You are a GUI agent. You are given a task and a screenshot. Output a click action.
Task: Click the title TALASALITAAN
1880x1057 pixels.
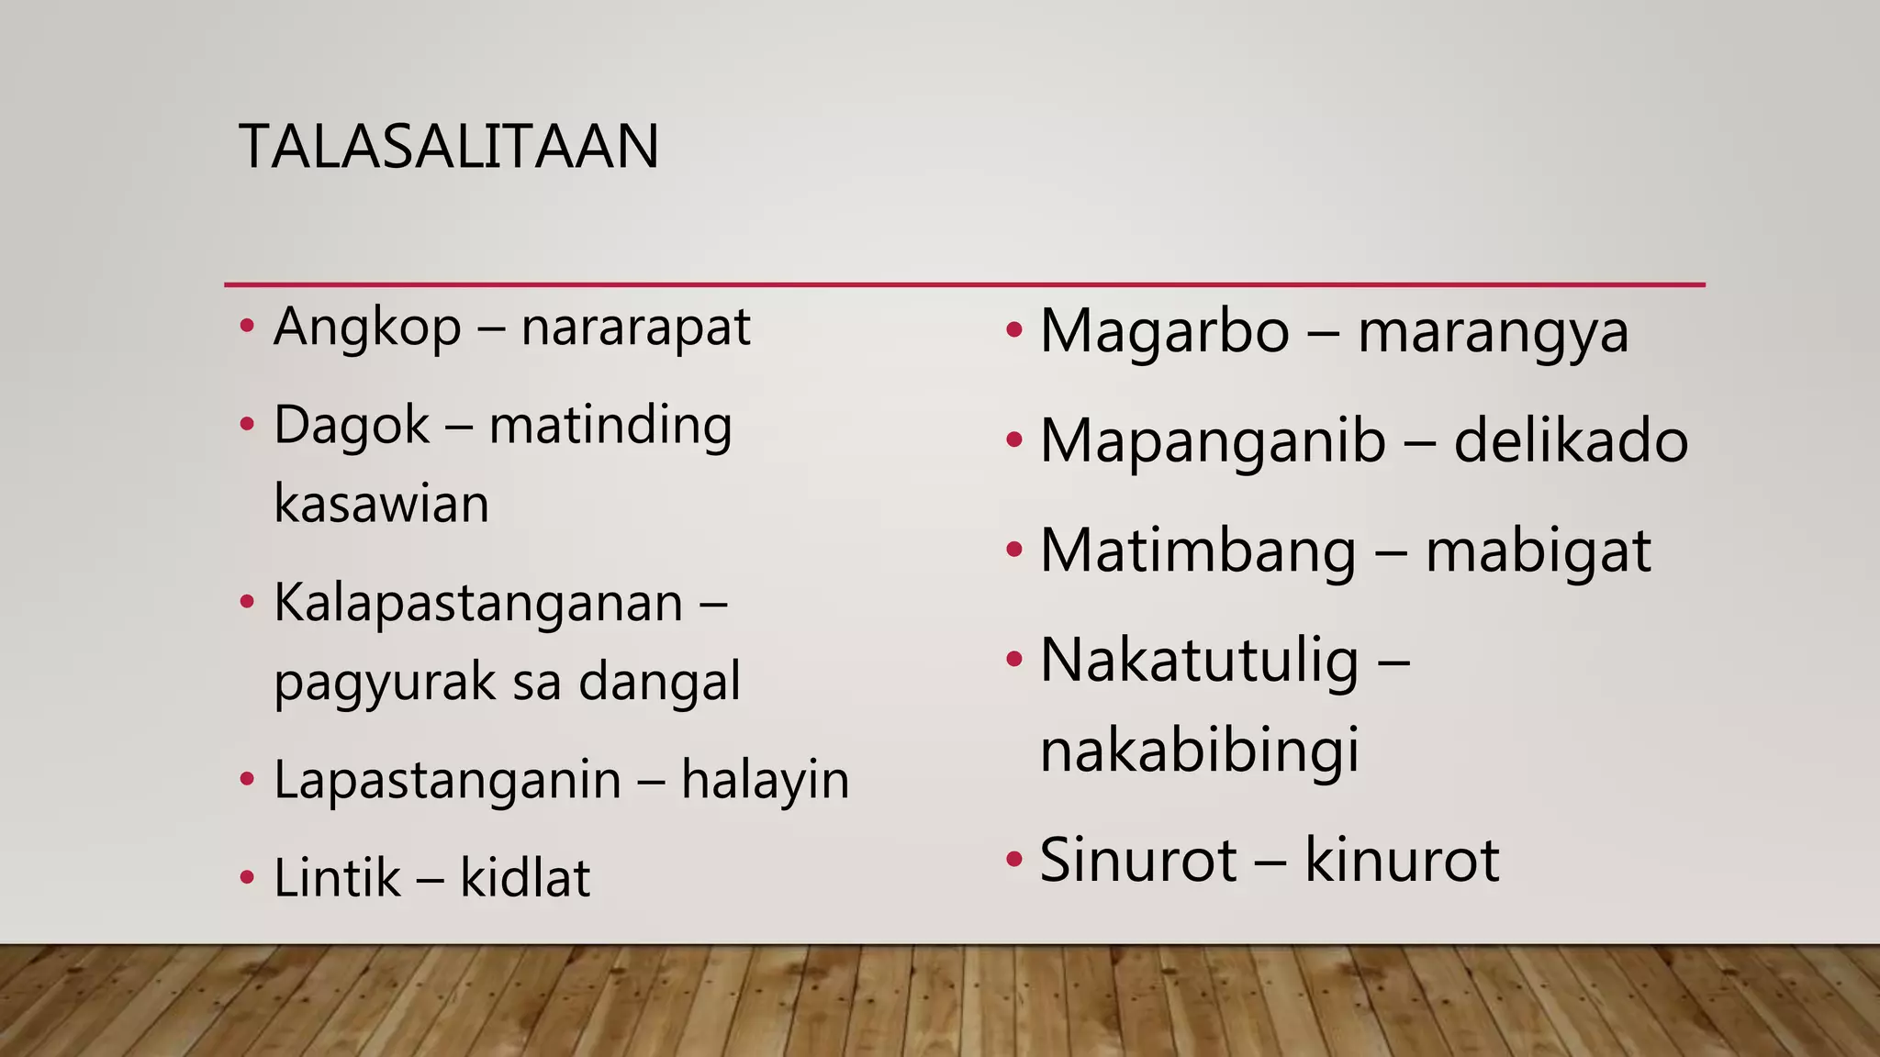(x=448, y=147)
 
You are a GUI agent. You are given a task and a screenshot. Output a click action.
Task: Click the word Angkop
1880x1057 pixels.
(x=367, y=328)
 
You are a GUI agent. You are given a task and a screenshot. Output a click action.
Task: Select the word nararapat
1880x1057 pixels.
(x=635, y=328)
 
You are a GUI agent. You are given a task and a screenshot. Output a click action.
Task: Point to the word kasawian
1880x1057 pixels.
(x=381, y=504)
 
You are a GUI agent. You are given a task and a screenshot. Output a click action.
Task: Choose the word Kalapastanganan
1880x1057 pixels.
(x=478, y=604)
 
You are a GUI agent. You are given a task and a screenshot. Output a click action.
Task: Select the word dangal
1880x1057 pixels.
(x=659, y=683)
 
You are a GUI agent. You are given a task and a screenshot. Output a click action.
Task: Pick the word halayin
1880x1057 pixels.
(x=765, y=780)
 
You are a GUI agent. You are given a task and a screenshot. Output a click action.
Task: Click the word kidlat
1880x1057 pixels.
(x=524, y=878)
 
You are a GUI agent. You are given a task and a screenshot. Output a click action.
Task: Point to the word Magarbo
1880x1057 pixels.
(x=1164, y=331)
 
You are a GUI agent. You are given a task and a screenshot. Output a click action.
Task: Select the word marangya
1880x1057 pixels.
(x=1493, y=333)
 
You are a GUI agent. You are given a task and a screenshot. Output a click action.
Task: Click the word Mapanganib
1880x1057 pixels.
(x=1213, y=441)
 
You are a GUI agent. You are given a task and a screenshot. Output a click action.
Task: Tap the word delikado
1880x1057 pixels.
(x=1571, y=441)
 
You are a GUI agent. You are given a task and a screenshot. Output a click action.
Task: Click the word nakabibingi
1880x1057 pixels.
(x=1199, y=751)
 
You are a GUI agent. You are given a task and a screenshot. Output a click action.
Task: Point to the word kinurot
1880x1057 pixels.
(x=1402, y=861)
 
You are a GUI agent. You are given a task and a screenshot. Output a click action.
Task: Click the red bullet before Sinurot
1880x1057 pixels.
(x=1013, y=861)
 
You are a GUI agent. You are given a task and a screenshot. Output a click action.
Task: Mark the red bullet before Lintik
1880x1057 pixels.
(x=246, y=878)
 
